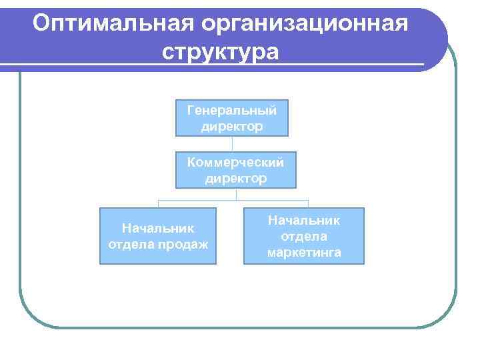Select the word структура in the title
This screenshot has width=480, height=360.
tap(220, 51)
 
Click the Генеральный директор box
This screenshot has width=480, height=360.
tap(232, 118)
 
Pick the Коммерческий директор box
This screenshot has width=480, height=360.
tap(235, 170)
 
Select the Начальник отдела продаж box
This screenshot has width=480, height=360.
tap(158, 236)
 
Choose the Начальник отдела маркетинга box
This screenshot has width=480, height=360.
tap(304, 236)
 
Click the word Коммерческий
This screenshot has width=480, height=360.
tap(235, 162)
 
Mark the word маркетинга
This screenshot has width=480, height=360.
tap(304, 253)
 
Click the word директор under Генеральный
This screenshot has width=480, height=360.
tap(232, 126)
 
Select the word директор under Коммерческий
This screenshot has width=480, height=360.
tap(235, 179)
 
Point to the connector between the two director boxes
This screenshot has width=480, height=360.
tap(232, 144)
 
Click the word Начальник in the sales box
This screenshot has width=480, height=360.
tap(158, 228)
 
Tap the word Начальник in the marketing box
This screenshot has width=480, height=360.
tap(304, 219)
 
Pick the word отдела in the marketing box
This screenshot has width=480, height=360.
tap(304, 236)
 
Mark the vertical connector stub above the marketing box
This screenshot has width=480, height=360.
tap(308, 203)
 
